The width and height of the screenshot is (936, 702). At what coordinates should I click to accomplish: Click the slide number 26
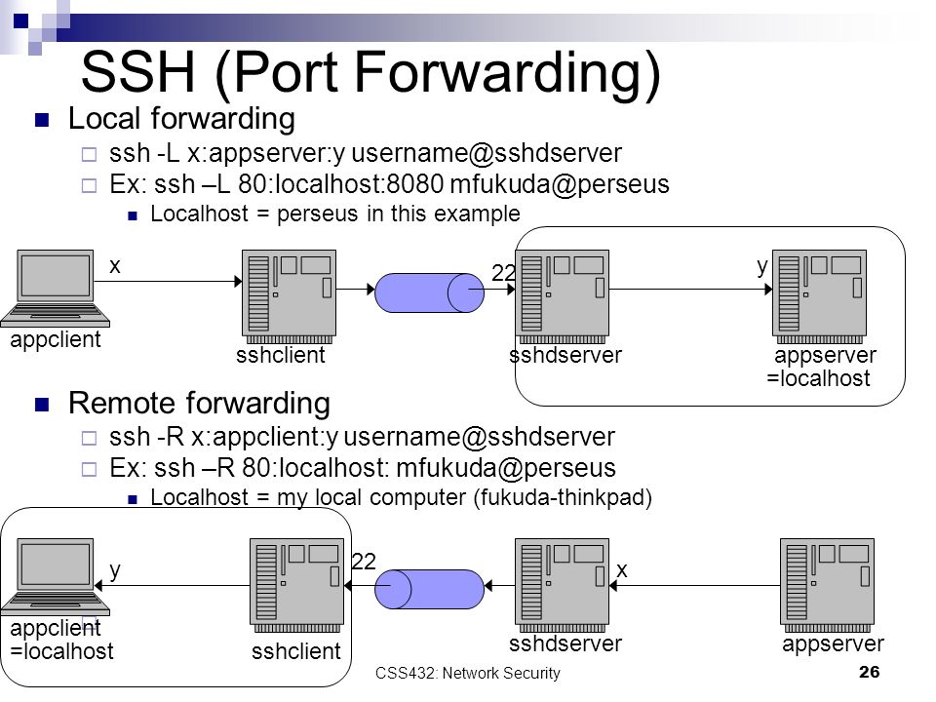[x=869, y=672]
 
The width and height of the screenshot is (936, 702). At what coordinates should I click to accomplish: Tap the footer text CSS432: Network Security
[x=467, y=673]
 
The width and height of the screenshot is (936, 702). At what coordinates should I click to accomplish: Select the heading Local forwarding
[x=181, y=118]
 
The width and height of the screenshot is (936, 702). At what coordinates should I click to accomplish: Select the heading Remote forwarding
[x=199, y=403]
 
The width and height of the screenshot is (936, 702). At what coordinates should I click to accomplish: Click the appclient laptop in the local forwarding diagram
[x=55, y=289]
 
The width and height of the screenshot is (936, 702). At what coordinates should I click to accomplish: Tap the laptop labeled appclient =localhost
[x=55, y=576]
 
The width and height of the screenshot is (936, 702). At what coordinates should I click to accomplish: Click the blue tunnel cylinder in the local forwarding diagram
[x=429, y=292]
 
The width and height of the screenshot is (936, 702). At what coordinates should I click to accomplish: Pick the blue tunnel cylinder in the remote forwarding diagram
[x=429, y=589]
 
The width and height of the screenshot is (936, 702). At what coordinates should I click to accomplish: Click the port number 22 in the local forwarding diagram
[x=503, y=273]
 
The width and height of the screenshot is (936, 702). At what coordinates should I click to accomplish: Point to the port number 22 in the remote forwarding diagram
[x=364, y=562]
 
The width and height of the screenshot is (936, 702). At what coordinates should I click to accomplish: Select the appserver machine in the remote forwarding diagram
[x=828, y=586]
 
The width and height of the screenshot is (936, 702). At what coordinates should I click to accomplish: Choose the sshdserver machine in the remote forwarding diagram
[x=563, y=586]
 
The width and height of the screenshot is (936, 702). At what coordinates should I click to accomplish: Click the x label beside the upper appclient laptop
[x=115, y=266]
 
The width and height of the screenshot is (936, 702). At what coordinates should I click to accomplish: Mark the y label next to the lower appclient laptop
[x=115, y=570]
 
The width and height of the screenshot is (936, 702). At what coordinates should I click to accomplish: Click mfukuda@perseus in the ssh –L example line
[x=560, y=184]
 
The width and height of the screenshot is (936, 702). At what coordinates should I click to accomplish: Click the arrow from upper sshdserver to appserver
[x=690, y=290]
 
